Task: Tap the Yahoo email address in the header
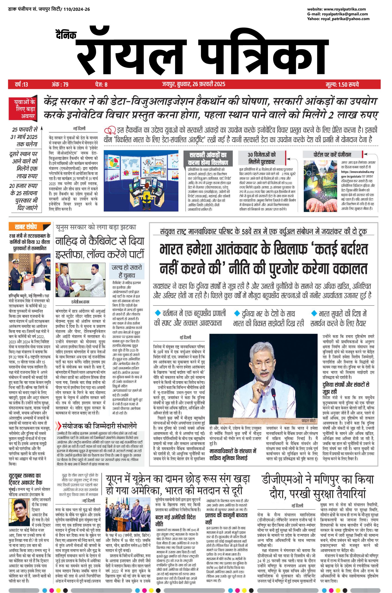point(345,19)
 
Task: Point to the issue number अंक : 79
point(60,84)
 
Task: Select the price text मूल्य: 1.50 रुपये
point(342,84)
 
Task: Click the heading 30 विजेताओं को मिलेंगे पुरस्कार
point(261,158)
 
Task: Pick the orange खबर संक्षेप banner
point(26,227)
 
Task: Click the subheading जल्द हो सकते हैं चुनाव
point(127,271)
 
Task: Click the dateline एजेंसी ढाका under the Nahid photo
point(80,302)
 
